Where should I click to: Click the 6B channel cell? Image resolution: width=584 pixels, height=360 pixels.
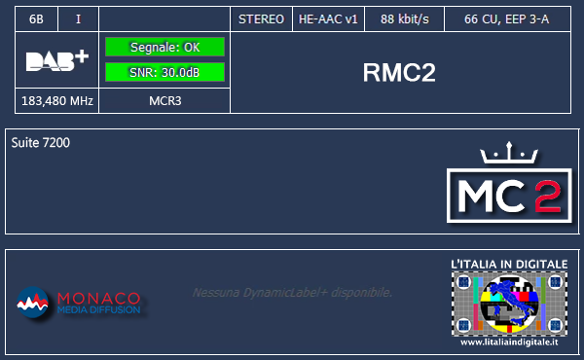pyautogui.click(x=37, y=19)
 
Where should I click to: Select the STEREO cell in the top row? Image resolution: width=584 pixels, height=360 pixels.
pyautogui.click(x=261, y=19)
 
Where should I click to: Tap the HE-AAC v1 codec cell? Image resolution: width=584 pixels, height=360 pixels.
pyautogui.click(x=328, y=19)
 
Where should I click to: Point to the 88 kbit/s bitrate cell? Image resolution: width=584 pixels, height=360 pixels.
pyautogui.click(x=405, y=19)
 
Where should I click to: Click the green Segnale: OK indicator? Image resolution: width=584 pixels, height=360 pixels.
pyautogui.click(x=164, y=47)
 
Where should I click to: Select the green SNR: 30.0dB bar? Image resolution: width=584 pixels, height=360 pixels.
pyautogui.click(x=164, y=71)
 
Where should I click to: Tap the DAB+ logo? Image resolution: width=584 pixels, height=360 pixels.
pyautogui.click(x=56, y=60)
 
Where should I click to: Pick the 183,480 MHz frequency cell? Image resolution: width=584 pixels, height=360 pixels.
pyautogui.click(x=56, y=100)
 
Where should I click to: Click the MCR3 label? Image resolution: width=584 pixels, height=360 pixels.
pyautogui.click(x=164, y=100)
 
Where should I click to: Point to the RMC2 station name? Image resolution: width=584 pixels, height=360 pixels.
pyautogui.click(x=398, y=74)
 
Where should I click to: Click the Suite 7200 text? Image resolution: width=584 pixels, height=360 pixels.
pyautogui.click(x=41, y=143)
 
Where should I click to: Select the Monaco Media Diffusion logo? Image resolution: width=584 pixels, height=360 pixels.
pyautogui.click(x=79, y=304)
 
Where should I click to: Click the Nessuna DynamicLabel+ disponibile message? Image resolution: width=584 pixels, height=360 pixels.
pyautogui.click(x=292, y=292)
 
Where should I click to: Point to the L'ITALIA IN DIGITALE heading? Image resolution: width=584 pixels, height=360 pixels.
pyautogui.click(x=508, y=264)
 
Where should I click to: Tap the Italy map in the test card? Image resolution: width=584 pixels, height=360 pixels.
pyautogui.click(x=508, y=301)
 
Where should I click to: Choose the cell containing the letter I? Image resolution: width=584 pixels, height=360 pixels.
pyautogui.click(x=78, y=19)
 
